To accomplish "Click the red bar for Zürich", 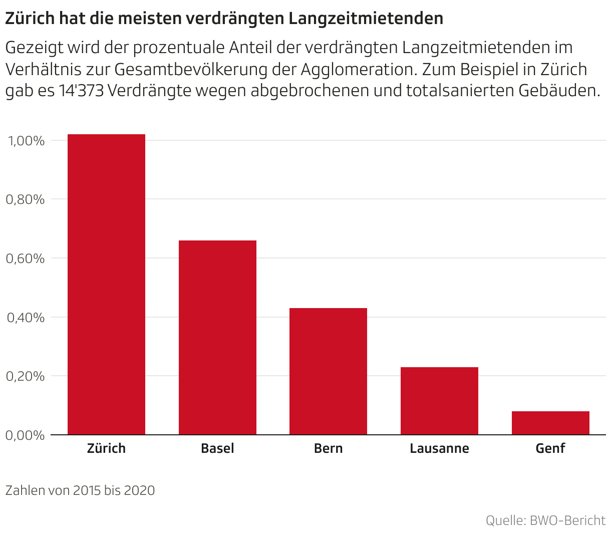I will point(106,285).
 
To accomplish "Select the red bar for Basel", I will point(217,338).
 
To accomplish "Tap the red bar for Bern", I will point(328,371).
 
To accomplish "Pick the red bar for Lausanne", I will point(439,401).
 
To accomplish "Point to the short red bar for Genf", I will point(550,423).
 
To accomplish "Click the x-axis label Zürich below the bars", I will point(106,448).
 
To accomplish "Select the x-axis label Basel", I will point(217,448).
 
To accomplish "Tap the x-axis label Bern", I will point(328,448).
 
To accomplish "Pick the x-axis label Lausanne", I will point(439,448).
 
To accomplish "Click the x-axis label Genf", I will point(550,448).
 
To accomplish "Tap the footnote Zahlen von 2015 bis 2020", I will point(80,490).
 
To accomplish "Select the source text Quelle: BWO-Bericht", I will point(545,520).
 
